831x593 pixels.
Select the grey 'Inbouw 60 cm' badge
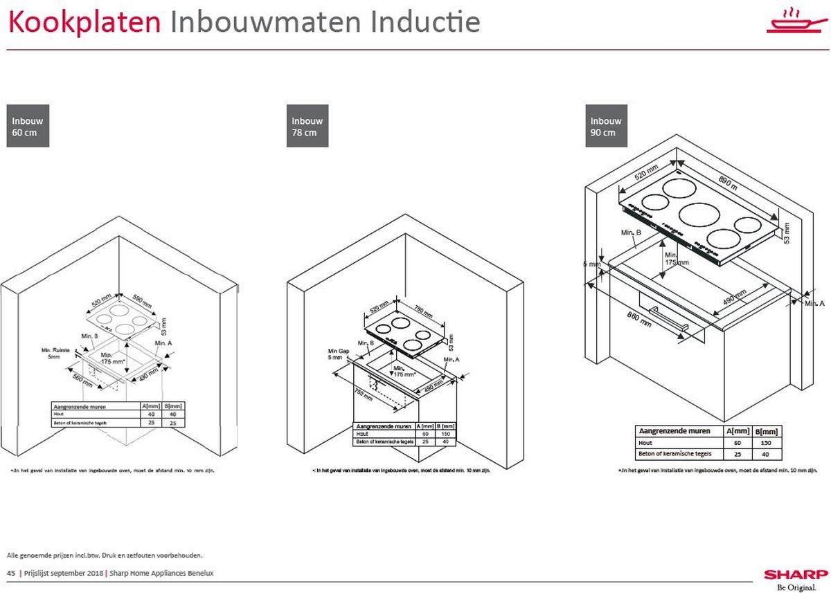coord(28,126)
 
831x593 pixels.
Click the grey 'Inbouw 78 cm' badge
coord(307,126)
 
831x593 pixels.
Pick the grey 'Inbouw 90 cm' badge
coord(607,126)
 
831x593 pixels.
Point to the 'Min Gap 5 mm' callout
coord(336,355)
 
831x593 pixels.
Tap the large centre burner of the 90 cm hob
coord(698,214)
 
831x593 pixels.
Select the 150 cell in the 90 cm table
coord(765,443)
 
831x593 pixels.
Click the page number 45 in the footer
coord(10,573)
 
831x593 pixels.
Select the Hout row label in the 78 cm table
coord(362,434)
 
